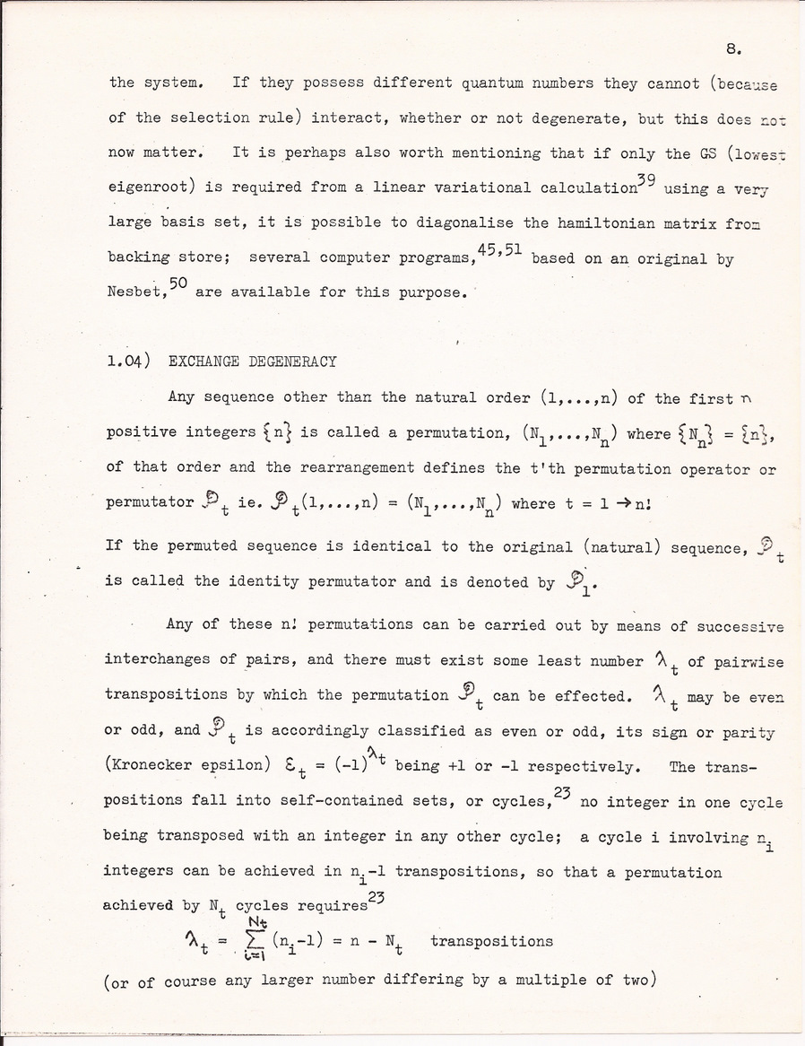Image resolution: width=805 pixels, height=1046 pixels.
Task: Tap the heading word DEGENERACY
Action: tap(292, 362)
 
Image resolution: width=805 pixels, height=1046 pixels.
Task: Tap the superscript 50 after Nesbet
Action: tap(177, 283)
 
